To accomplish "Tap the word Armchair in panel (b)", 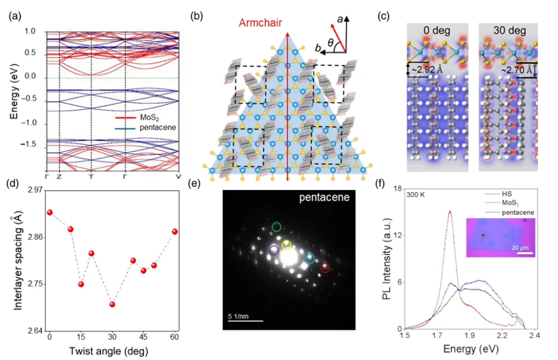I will (261, 23).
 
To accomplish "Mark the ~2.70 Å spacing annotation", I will (516, 71).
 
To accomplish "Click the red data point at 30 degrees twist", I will (112, 304).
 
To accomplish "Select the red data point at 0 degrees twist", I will (50, 212).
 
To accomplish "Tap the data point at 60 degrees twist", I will (175, 231).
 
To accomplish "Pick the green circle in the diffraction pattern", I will (276, 227).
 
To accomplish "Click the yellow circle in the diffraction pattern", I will (287, 245).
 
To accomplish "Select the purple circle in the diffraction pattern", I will (274, 249).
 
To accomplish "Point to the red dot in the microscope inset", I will (483, 235).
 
